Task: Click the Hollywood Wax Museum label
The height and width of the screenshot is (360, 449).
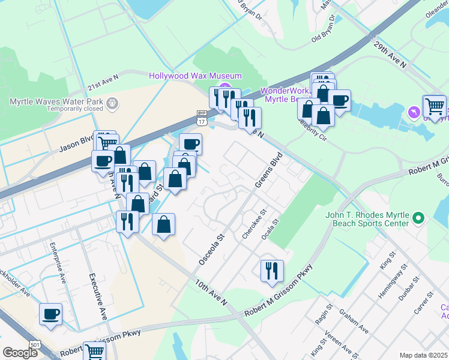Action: (195, 76)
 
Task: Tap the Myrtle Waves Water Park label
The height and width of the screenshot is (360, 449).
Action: (57, 101)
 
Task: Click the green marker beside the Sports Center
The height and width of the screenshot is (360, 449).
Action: (420, 218)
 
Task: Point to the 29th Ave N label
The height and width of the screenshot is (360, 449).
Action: (390, 54)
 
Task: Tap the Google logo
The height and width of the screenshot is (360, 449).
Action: (20, 353)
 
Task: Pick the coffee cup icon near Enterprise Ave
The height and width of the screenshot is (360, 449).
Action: (50, 313)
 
